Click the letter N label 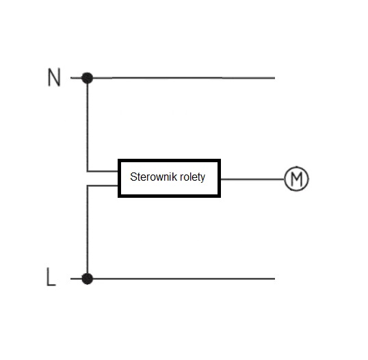[x=54, y=77]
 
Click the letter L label [x=51, y=277]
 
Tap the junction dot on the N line [x=88, y=78]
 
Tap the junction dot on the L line [x=88, y=279]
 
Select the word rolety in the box [x=192, y=177]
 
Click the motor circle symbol [x=296, y=166]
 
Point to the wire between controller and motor [x=252, y=179]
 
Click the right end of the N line [x=274, y=78]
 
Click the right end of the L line [x=274, y=279]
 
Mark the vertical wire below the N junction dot [x=88, y=127]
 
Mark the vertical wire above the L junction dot [x=88, y=229]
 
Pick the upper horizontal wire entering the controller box [x=103, y=171]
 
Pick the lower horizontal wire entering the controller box [x=103, y=185]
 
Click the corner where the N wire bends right [x=88, y=171]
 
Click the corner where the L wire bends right [x=88, y=185]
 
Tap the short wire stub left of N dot [x=76, y=78]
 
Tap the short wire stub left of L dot [x=76, y=279]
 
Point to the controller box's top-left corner [x=118, y=160]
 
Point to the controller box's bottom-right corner [x=220, y=196]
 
